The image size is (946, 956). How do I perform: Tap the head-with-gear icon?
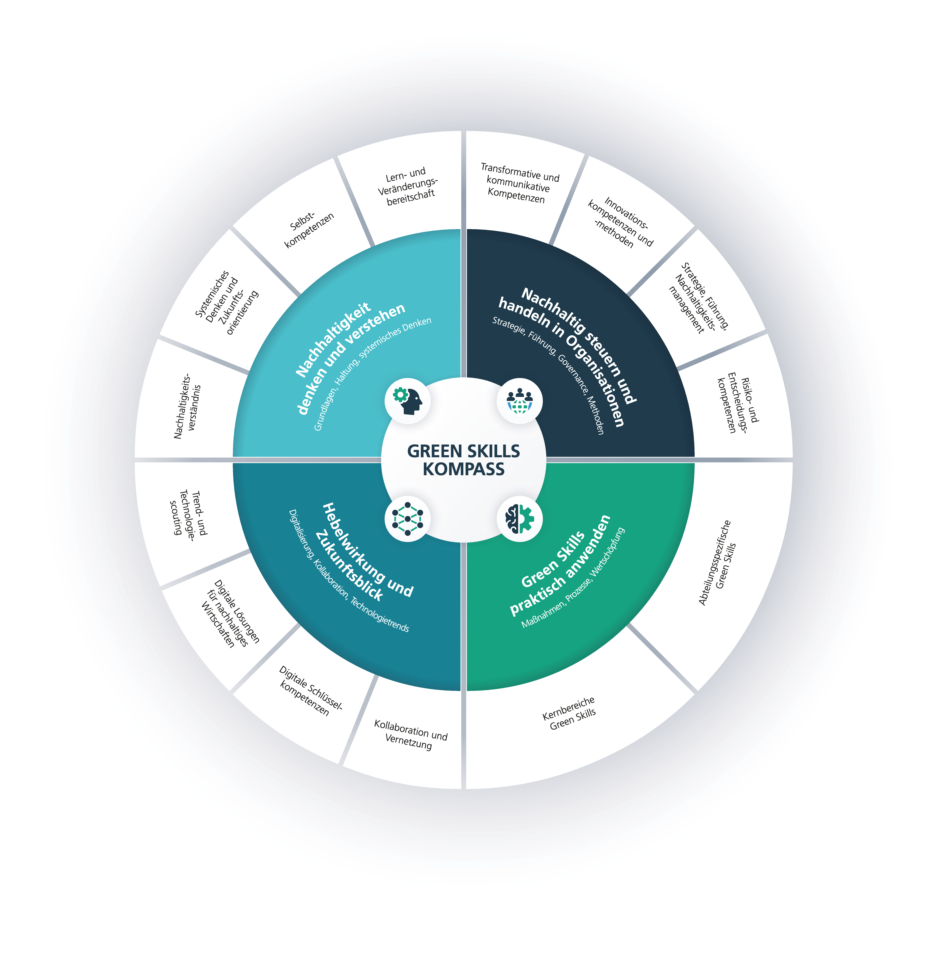407,400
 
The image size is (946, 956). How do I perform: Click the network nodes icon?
407,519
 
